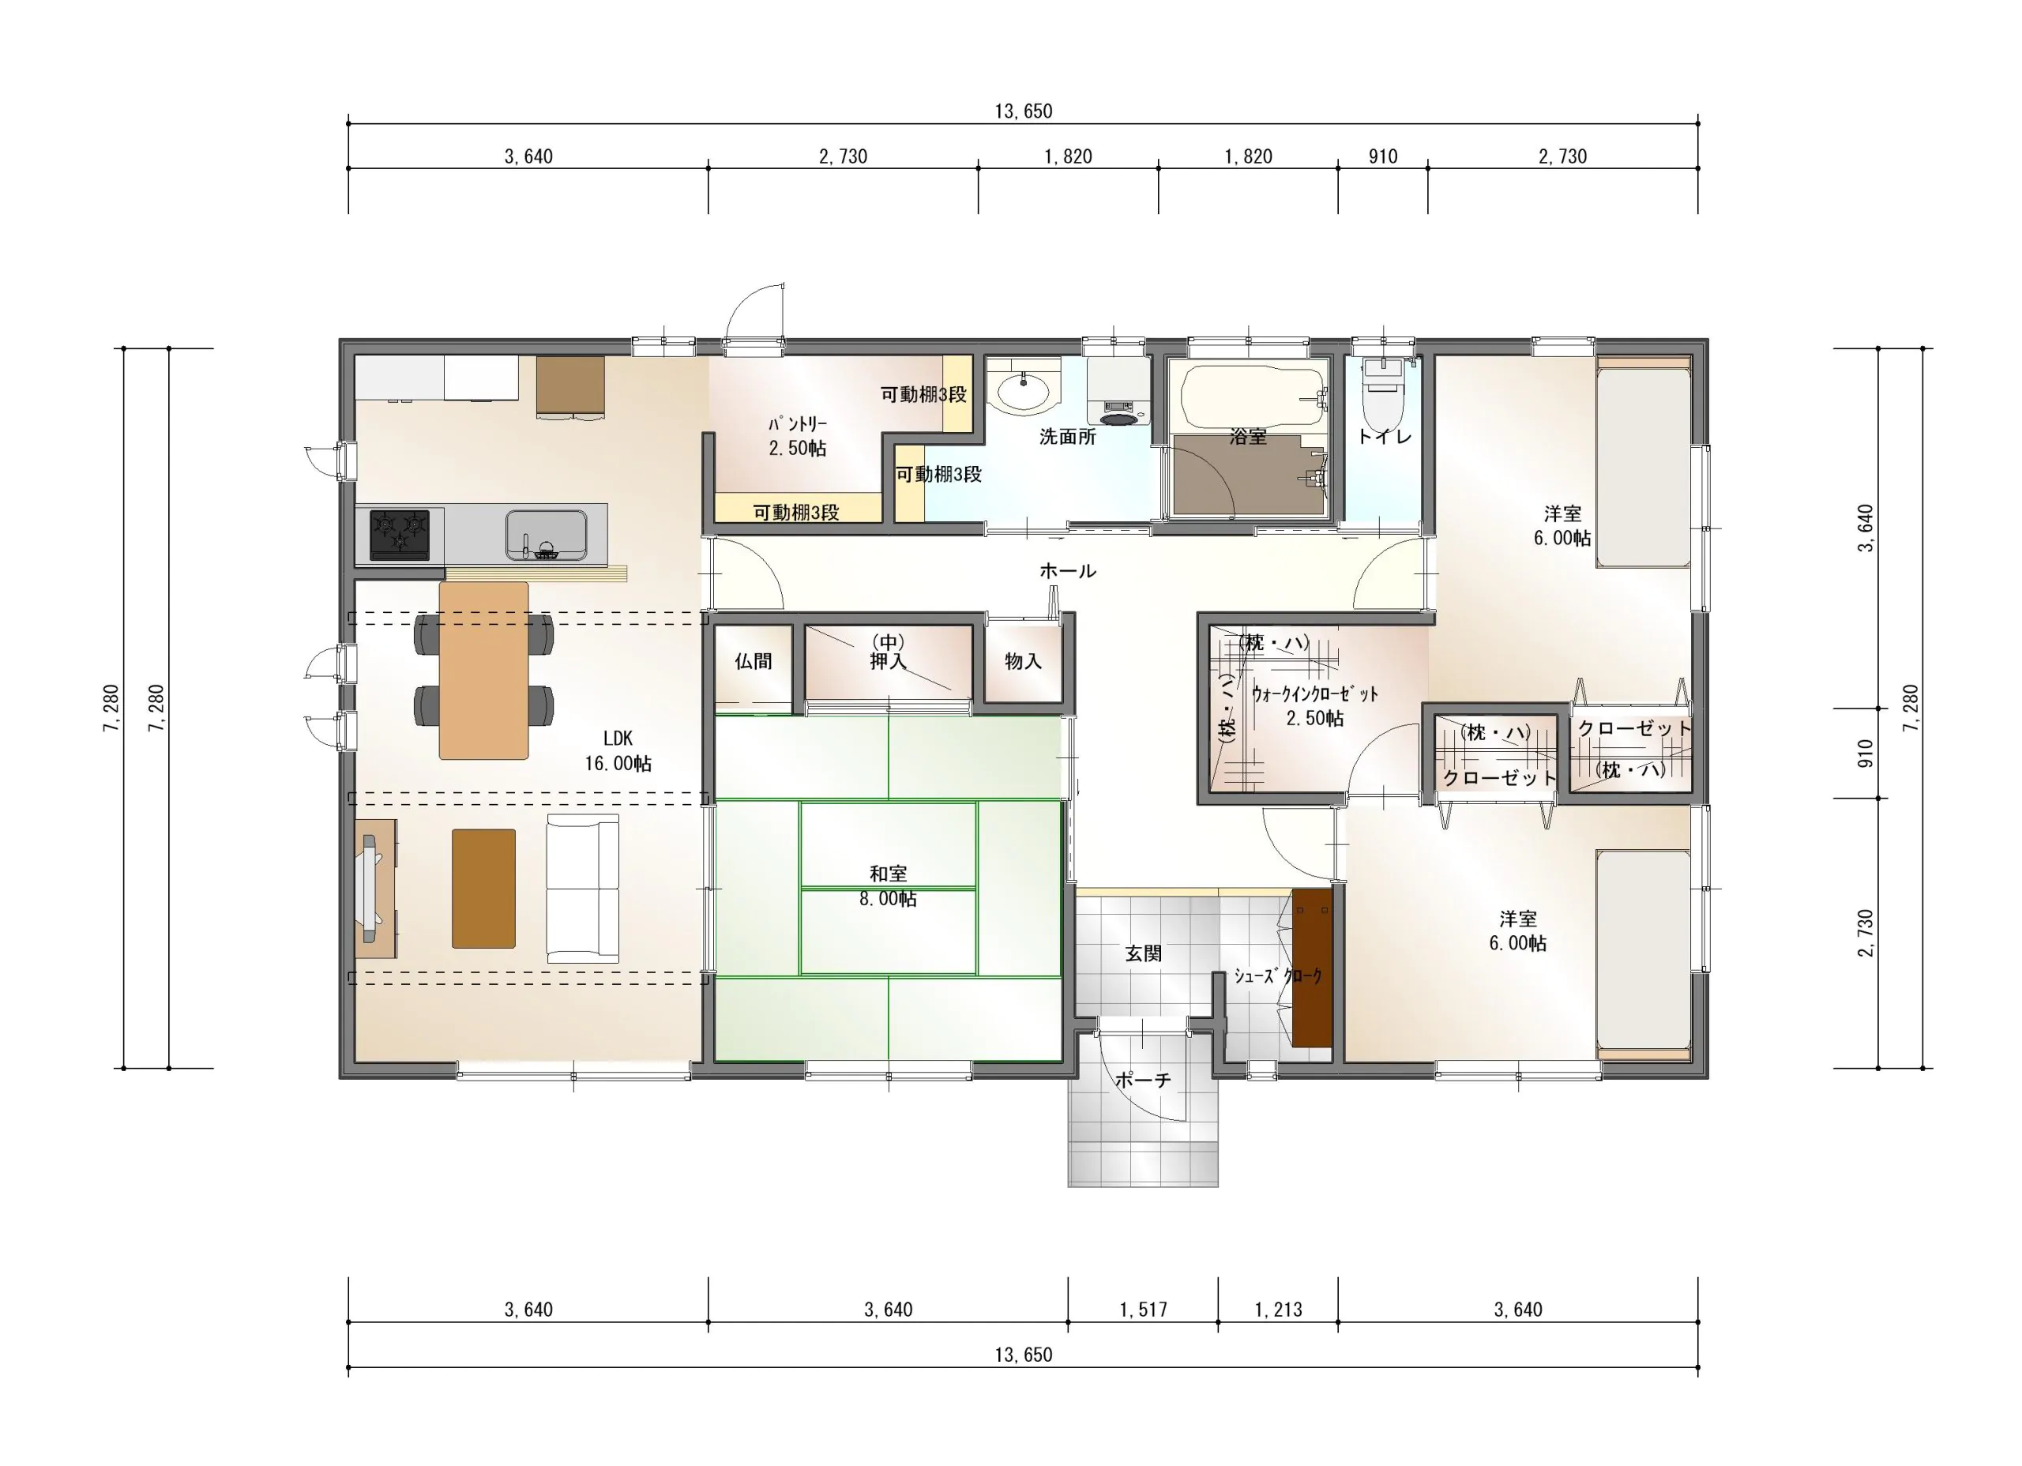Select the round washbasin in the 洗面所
pyautogui.click(x=1024, y=393)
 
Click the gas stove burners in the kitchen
pyautogui.click(x=400, y=533)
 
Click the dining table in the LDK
pyautogui.click(x=484, y=671)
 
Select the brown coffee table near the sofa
pyautogui.click(x=483, y=888)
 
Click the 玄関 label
pyautogui.click(x=1143, y=953)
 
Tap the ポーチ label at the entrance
pyautogui.click(x=1143, y=1081)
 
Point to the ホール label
pyautogui.click(x=1067, y=571)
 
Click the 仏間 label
pyautogui.click(x=754, y=662)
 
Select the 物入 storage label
pyautogui.click(x=1023, y=661)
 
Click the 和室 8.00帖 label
pyautogui.click(x=888, y=886)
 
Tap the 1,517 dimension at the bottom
pyautogui.click(x=1143, y=1310)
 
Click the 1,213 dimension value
pyautogui.click(x=1279, y=1310)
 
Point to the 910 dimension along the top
pyautogui.click(x=1383, y=157)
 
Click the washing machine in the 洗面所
pyautogui.click(x=1118, y=393)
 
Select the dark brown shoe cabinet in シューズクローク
pyautogui.click(x=1313, y=968)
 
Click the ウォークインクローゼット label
pyautogui.click(x=1315, y=706)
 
